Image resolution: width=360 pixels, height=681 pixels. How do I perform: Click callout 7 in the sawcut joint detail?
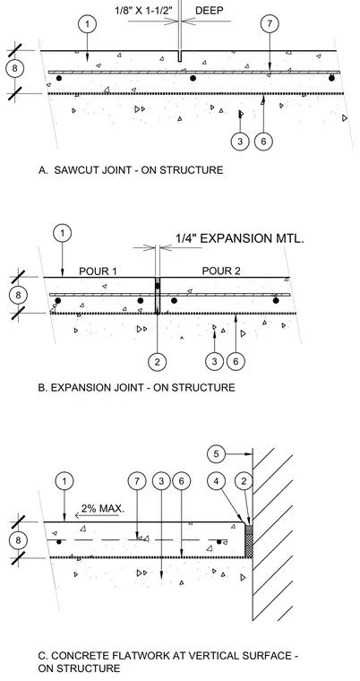(x=270, y=24)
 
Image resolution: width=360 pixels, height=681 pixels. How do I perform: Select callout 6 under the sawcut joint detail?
(x=263, y=142)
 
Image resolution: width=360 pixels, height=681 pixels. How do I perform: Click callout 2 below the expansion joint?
(x=157, y=361)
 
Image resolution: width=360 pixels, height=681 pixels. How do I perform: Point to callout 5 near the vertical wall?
(x=216, y=454)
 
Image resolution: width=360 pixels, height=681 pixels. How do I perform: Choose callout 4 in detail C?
(x=216, y=481)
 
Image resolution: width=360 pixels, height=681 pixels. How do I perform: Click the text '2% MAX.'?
(x=102, y=508)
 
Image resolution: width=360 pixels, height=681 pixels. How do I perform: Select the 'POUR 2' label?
(x=221, y=271)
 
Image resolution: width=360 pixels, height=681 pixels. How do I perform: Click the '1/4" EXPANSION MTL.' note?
(x=239, y=238)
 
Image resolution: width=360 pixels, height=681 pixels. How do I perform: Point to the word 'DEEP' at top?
(x=210, y=10)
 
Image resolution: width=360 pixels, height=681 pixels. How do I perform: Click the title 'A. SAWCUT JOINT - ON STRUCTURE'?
(x=131, y=170)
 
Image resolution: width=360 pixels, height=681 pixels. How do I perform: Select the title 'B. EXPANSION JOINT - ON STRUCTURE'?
(x=136, y=387)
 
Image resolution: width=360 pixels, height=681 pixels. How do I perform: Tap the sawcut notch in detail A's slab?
(x=179, y=56)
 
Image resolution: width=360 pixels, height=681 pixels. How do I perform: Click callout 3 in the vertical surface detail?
(x=161, y=481)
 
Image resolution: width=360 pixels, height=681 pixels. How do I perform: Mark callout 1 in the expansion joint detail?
(x=63, y=233)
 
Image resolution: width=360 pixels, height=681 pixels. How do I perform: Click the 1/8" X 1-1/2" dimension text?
(x=146, y=10)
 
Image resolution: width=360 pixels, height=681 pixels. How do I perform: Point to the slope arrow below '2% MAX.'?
(x=97, y=516)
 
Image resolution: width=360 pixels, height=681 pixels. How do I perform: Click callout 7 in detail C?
(x=137, y=481)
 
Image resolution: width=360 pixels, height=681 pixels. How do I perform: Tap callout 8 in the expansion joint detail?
(x=18, y=295)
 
